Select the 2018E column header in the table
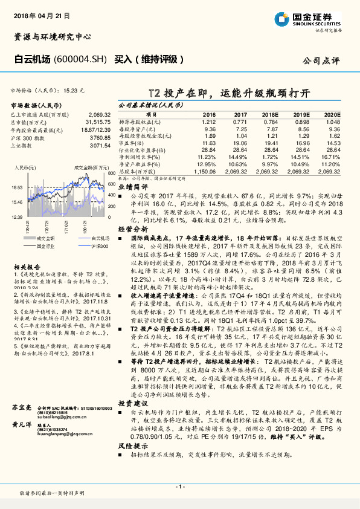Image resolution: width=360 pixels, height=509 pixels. click(272, 115)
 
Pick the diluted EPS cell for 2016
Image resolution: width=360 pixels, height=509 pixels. click(208, 122)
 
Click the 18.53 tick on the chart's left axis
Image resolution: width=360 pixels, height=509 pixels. click(16, 188)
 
